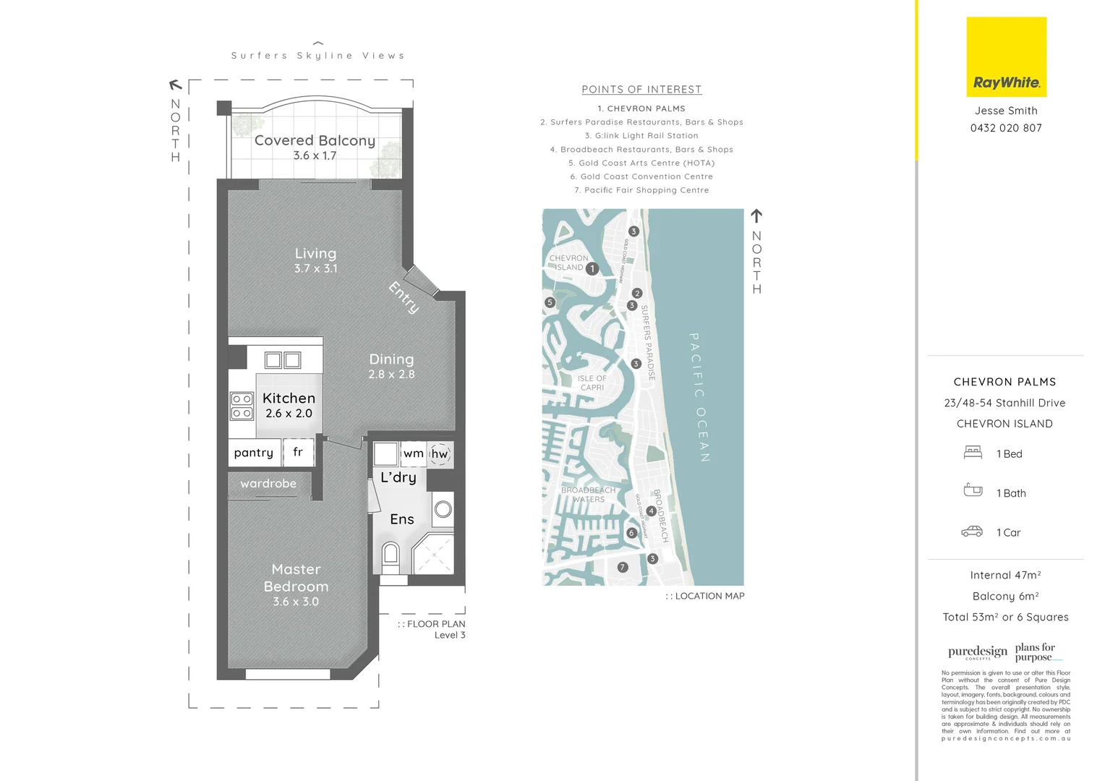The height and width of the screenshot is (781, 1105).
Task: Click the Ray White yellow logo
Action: pos(1006,57)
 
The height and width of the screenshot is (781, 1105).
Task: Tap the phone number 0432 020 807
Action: pos(1006,128)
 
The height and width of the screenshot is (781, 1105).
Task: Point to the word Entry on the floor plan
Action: pos(404,297)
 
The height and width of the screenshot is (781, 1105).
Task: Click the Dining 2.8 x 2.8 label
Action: pos(391,366)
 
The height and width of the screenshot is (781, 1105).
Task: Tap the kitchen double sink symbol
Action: pos(283,360)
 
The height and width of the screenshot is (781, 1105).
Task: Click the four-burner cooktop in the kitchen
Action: pos(242,406)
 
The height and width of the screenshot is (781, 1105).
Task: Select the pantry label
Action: pos(254,453)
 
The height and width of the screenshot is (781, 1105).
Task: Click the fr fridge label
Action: pos(298,452)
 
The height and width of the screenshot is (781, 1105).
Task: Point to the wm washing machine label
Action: pos(413,453)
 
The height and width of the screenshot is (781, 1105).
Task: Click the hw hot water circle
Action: pos(440,454)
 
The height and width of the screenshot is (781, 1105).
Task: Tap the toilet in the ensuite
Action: pos(391,555)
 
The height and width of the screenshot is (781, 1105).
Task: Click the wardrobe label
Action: pos(268,484)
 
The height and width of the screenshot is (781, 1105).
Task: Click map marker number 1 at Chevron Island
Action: pos(592,269)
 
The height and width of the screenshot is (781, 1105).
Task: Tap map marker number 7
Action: pos(623,568)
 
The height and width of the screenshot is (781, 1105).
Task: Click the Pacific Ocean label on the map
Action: pos(699,397)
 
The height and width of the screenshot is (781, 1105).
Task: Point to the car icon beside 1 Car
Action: pos(972,532)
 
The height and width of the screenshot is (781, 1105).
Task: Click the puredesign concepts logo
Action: pos(977,652)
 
